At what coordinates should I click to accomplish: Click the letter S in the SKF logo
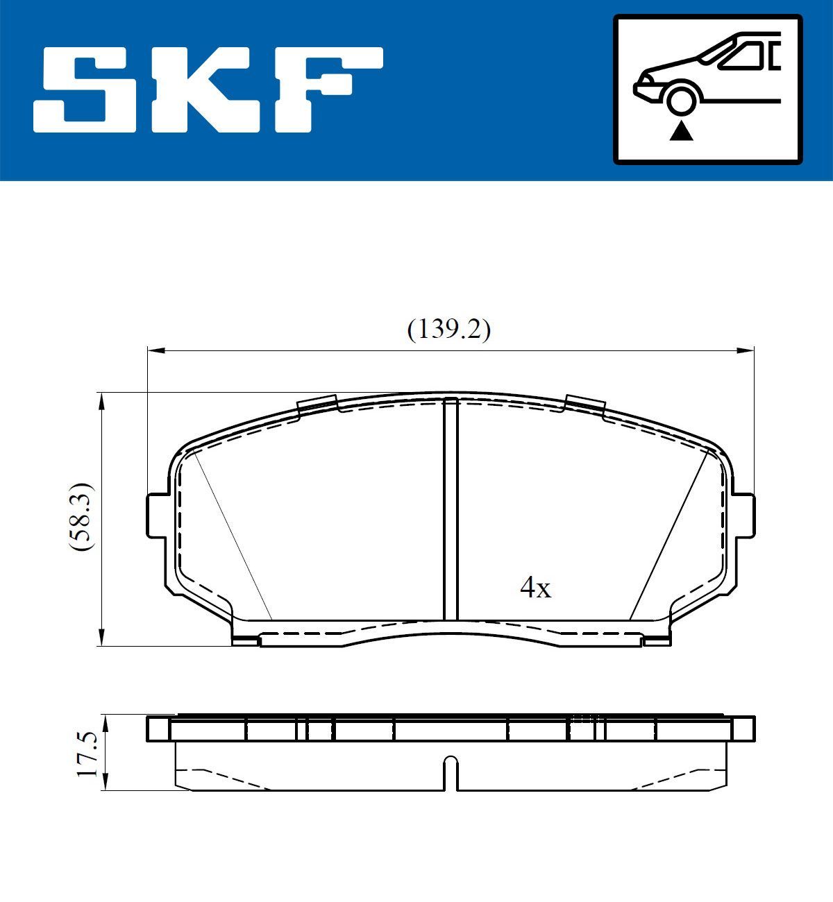coord(87,90)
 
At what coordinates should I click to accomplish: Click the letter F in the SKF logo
coord(326,90)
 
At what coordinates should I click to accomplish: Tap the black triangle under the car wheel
coord(681,130)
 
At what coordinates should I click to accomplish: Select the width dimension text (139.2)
coord(448,330)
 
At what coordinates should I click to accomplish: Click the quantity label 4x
coord(535,589)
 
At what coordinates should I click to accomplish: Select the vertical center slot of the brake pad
coord(451,510)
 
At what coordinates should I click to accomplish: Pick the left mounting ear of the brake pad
coord(158,515)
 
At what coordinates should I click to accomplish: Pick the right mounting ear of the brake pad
coord(744,515)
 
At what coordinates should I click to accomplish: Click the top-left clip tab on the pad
coord(317,405)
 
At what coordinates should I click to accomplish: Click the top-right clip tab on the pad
coord(584,405)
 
